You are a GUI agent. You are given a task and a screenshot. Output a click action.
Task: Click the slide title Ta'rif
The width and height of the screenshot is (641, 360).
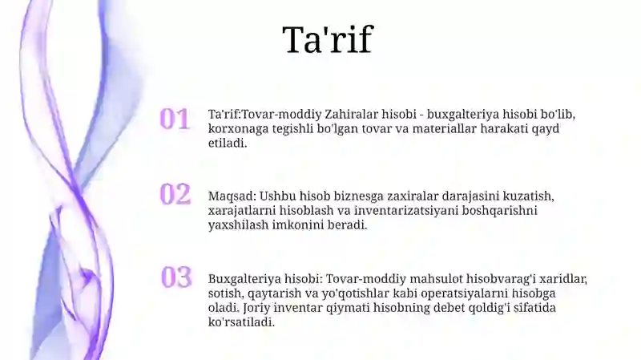(x=327, y=40)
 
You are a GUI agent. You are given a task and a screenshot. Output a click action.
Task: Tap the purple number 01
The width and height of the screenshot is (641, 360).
(x=175, y=119)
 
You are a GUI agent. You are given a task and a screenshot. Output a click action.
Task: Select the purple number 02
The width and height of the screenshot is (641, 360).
(x=175, y=194)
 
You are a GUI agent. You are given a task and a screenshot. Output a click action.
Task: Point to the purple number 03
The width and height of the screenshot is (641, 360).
(x=176, y=277)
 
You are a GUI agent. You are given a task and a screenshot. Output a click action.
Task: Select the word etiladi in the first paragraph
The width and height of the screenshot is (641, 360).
(x=228, y=144)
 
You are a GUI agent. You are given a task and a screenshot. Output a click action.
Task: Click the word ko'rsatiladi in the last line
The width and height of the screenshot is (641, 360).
(x=241, y=322)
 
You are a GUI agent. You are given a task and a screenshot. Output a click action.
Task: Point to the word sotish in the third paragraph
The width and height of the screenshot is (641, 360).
(x=225, y=293)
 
